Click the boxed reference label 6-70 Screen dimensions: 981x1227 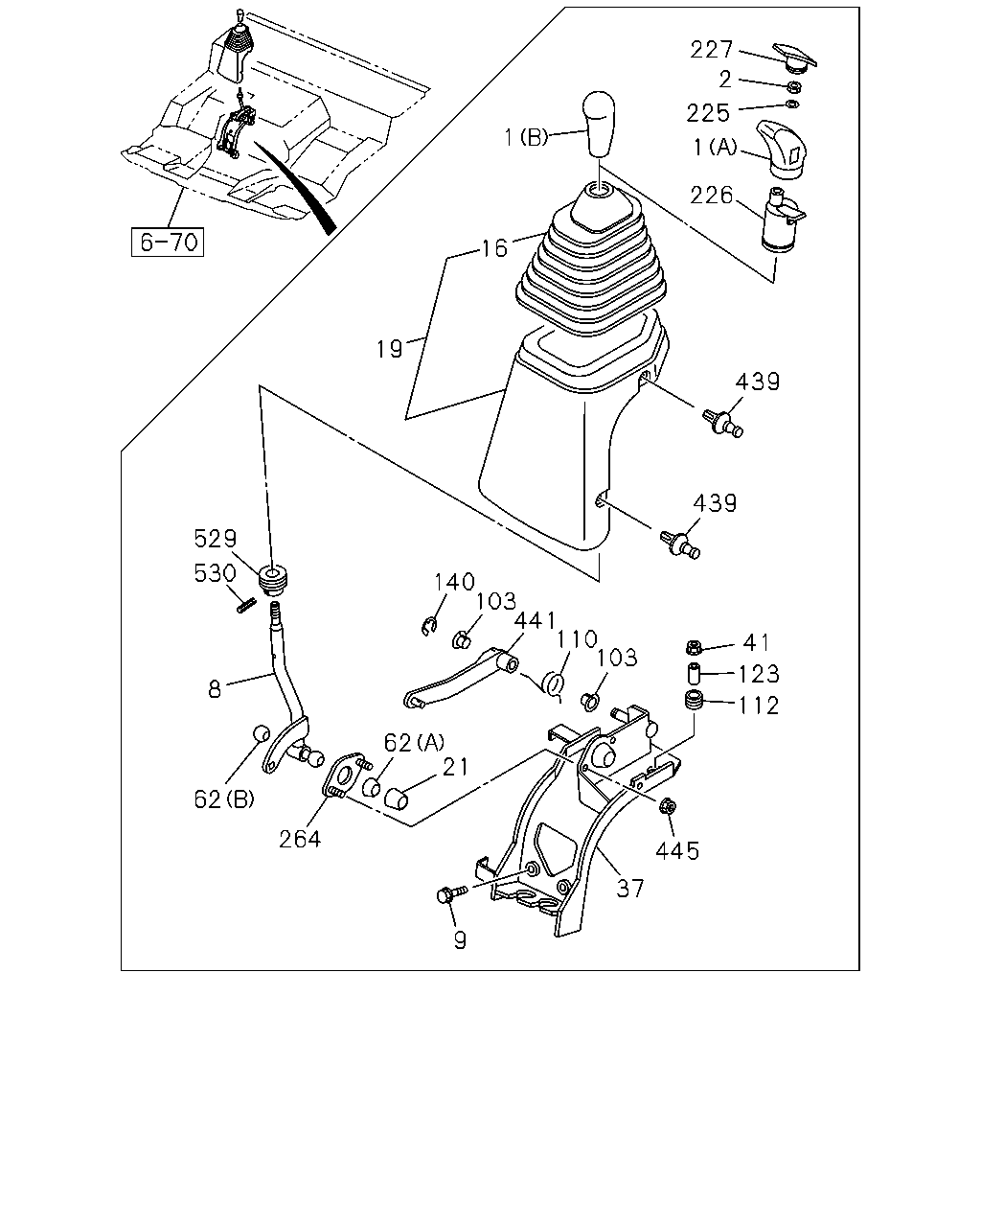pyautogui.click(x=168, y=243)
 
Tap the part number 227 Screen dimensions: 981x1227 pyautogui.click(x=712, y=50)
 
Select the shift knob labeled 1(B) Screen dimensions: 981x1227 pyautogui.click(x=599, y=124)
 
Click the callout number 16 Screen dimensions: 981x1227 pyautogui.click(x=494, y=248)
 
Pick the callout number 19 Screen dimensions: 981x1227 pyautogui.click(x=390, y=349)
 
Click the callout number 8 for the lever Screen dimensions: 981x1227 pyautogui.click(x=215, y=689)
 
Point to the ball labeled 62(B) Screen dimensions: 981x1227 pyautogui.click(x=262, y=733)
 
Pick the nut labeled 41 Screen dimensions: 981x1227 pyautogui.click(x=694, y=647)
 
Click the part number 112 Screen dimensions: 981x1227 pyautogui.click(x=759, y=706)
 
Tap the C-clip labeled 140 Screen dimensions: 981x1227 pyautogui.click(x=430, y=626)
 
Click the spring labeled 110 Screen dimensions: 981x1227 pyautogui.click(x=554, y=684)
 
